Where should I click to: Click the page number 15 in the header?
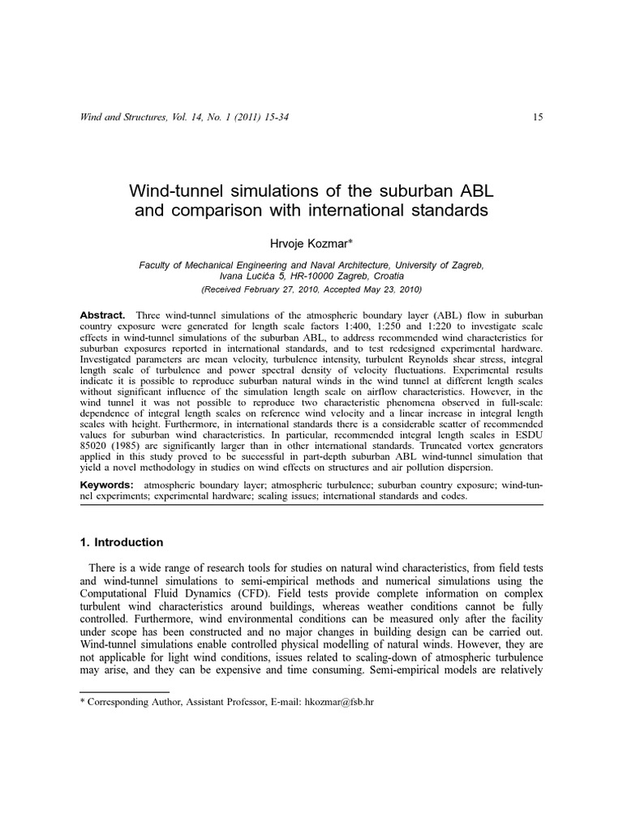538,118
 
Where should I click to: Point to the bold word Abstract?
101,314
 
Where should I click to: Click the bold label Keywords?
106,485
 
